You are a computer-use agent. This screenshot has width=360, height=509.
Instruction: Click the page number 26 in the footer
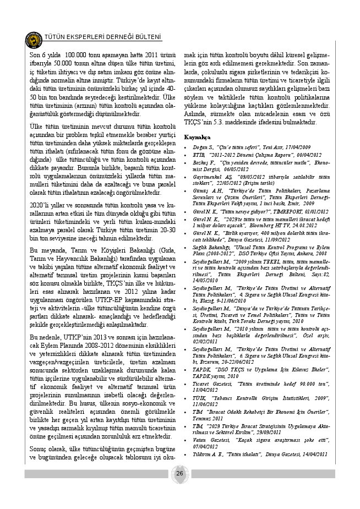[180, 474]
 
